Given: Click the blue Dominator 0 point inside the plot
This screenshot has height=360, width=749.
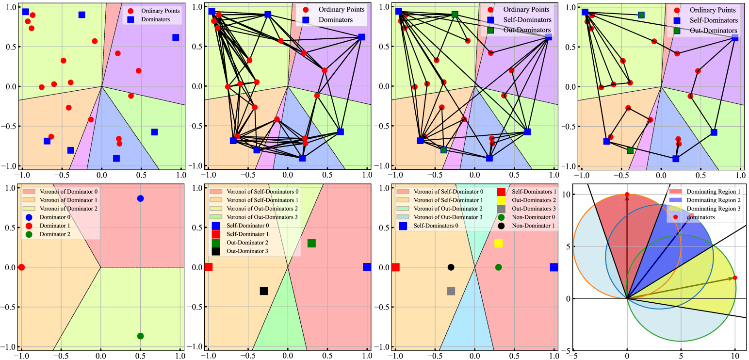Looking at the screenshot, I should (141, 198).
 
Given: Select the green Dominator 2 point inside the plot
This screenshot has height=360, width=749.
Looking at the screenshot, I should (141, 336).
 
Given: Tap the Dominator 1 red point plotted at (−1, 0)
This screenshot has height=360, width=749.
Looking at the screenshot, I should (21, 267).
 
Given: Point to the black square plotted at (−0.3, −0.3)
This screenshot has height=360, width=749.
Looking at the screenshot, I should (264, 291).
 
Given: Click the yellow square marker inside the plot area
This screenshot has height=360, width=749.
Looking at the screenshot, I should (498, 244).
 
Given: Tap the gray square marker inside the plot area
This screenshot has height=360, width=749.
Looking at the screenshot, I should (451, 291).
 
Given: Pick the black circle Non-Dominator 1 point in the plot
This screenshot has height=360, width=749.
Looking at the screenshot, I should (451, 267).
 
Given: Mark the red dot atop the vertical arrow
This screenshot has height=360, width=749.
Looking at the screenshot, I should (627, 195).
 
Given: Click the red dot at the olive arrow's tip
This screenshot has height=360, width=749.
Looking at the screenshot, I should (735, 278).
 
